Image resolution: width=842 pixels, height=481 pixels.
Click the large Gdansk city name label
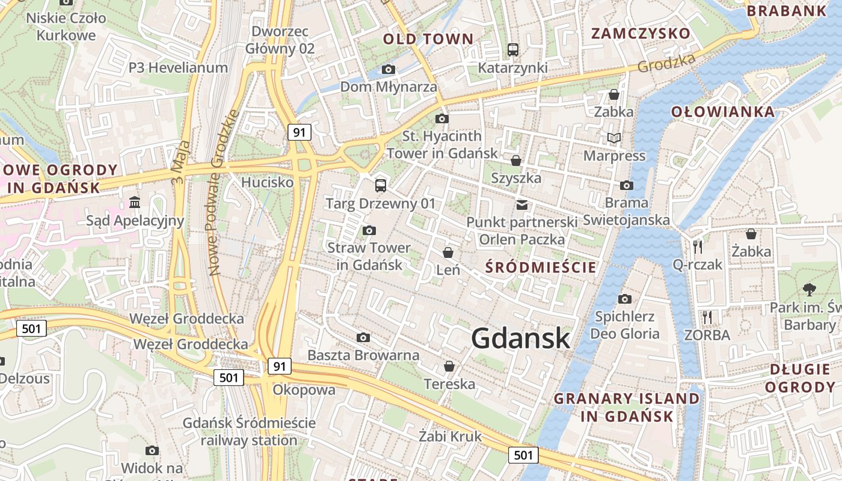click(520, 338)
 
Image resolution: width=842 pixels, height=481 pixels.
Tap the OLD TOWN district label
click(428, 40)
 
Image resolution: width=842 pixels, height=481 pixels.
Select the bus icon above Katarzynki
click(512, 50)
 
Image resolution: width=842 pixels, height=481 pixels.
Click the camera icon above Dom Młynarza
click(389, 69)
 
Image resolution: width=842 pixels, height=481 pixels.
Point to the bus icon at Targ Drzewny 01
click(380, 185)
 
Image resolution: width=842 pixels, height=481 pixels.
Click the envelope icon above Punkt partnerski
click(521, 205)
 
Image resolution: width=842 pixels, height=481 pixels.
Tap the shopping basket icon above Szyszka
click(515, 161)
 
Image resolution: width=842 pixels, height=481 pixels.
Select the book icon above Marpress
click(613, 138)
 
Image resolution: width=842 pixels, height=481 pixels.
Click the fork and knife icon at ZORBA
click(707, 317)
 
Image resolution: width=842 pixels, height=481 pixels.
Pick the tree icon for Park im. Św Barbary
click(809, 289)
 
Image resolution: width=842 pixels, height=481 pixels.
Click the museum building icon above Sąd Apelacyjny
click(135, 203)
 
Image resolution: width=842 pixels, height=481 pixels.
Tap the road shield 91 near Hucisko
click(299, 132)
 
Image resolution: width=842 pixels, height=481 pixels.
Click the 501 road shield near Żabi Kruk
click(523, 455)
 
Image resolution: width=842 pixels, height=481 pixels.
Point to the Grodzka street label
click(666, 63)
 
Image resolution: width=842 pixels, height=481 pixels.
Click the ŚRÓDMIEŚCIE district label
click(541, 267)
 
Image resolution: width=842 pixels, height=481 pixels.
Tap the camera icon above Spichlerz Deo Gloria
click(625, 299)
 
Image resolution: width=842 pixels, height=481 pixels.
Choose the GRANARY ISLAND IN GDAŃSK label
click(627, 407)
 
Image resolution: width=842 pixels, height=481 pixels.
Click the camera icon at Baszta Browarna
click(363, 337)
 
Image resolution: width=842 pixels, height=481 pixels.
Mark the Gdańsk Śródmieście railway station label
click(249, 432)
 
